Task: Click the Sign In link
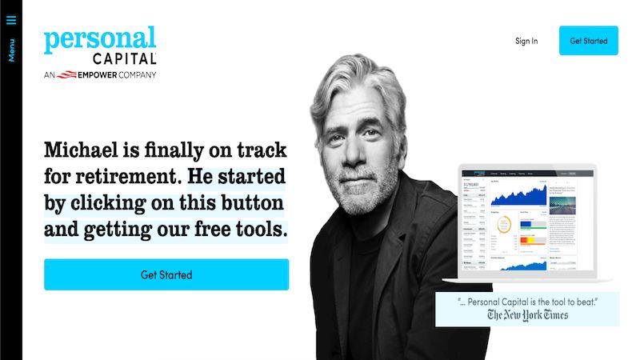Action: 526,41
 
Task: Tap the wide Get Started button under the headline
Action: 166,274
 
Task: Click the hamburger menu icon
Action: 11,20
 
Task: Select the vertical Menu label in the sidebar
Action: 11,49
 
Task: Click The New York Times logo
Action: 527,315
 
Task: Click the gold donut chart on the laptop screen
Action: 504,226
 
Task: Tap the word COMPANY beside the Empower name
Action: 135,75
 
